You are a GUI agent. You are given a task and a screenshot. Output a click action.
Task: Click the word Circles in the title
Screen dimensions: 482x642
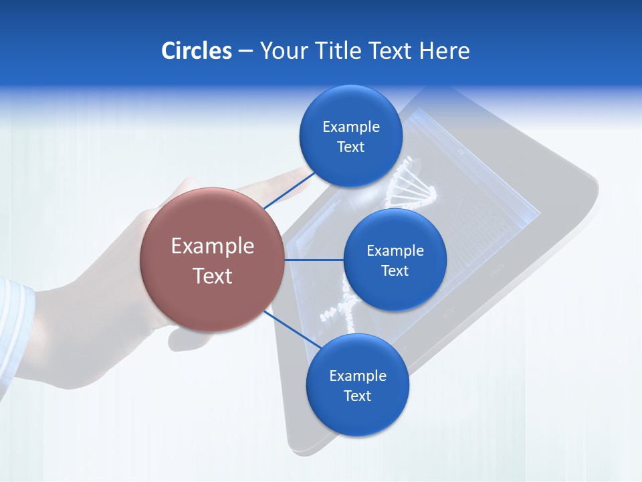[196, 51]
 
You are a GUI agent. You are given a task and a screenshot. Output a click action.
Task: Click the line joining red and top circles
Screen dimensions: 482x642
[289, 190]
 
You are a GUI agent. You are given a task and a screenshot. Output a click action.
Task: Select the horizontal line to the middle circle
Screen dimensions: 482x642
[314, 259]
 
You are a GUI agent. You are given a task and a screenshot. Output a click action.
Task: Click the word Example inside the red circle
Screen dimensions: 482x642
[212, 246]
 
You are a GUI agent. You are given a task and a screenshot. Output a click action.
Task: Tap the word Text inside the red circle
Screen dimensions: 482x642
[212, 275]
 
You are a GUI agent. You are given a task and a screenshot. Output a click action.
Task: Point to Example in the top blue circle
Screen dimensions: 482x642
[350, 127]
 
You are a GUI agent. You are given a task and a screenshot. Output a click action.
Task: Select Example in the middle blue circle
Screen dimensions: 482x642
[395, 250]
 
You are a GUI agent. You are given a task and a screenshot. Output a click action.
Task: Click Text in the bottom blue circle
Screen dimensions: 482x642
[357, 396]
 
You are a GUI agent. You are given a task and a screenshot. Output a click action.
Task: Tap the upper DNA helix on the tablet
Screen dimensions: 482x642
[409, 184]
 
